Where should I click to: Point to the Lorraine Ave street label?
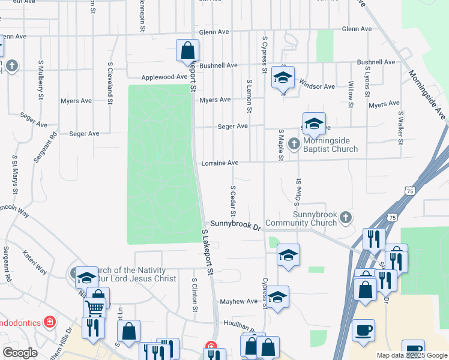220,163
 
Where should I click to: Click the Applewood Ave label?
164,77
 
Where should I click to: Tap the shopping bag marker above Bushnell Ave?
187,50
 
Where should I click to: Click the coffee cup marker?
363,330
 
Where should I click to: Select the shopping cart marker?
94,308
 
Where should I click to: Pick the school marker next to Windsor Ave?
283,77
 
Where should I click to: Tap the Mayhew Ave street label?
239,301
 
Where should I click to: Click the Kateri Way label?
34,263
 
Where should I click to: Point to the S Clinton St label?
194,295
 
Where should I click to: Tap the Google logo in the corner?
20,353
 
